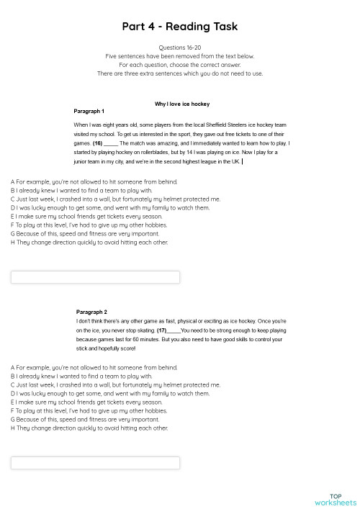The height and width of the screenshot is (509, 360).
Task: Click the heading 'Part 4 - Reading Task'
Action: [x=179, y=27]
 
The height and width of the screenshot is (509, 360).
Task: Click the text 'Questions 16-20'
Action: [x=179, y=48]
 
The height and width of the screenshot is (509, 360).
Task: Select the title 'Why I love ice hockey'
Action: [x=182, y=104]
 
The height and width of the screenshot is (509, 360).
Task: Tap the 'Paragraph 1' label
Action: [x=89, y=112]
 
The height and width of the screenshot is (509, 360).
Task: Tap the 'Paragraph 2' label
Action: [x=91, y=312]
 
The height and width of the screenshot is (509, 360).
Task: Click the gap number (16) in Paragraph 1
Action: [x=97, y=143]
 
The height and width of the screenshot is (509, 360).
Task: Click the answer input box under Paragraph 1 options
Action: [x=96, y=277]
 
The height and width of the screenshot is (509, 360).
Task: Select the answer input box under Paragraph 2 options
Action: [x=96, y=463]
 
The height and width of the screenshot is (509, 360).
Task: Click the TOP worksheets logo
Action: [x=335, y=499]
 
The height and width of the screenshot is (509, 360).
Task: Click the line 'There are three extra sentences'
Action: [x=179, y=73]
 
